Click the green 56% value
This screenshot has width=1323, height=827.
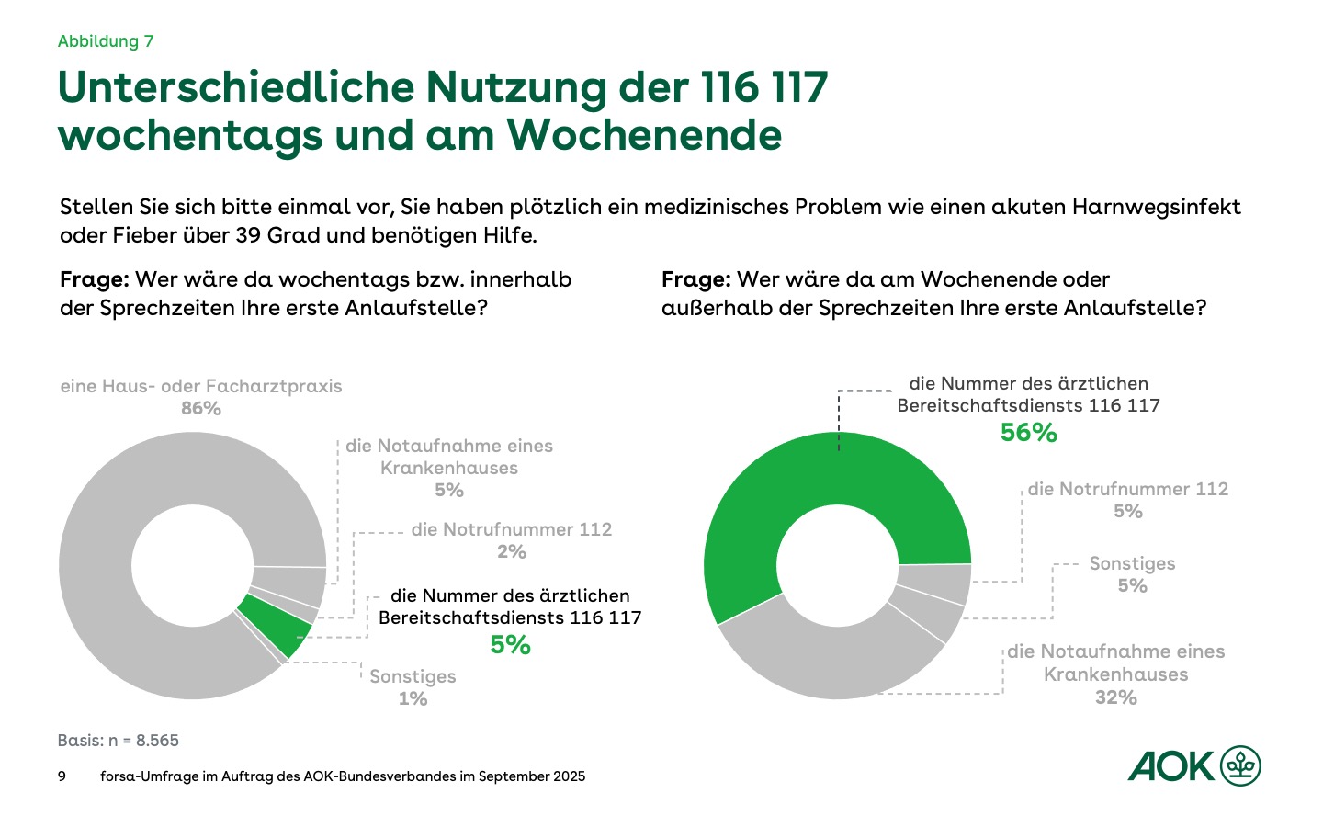(1028, 433)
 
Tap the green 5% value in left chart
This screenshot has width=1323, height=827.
(510, 645)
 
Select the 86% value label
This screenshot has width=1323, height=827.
(201, 409)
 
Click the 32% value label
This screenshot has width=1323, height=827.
(1115, 697)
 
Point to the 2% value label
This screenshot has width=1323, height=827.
(512, 552)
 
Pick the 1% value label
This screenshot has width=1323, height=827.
(413, 699)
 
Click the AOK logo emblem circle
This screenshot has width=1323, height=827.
(1241, 766)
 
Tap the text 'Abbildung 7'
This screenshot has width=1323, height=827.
(106, 41)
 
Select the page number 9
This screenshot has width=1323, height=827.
(62, 776)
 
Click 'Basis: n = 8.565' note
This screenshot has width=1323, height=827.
(118, 741)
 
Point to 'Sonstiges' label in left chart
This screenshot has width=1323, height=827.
(413, 677)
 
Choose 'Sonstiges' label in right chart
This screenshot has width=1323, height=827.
(1132, 564)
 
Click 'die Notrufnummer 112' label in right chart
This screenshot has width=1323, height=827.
(1127, 490)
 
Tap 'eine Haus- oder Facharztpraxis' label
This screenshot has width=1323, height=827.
(201, 387)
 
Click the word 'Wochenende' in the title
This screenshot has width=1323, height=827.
(644, 135)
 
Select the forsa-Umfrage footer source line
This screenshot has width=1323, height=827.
(343, 776)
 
